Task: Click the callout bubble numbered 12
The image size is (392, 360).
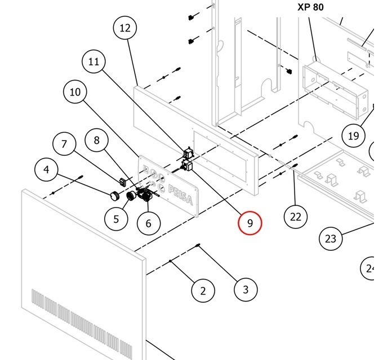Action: [x=125, y=28]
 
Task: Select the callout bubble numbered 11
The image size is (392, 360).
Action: [x=94, y=62]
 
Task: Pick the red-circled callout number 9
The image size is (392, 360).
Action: [x=250, y=223]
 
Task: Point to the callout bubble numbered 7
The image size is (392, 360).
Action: [x=64, y=145]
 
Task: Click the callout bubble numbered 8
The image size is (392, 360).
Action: [x=97, y=140]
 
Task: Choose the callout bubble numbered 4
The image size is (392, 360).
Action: [x=46, y=169]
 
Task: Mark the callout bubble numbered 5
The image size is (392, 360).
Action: [x=117, y=218]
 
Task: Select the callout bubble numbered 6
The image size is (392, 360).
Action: [x=148, y=223]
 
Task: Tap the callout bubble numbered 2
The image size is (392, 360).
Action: [x=203, y=290]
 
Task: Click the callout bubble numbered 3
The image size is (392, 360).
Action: [x=246, y=290]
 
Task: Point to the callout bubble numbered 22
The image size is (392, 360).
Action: [x=296, y=216]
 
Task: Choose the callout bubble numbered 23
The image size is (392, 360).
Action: [x=331, y=238]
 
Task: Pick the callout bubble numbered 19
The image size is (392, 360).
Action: [x=353, y=136]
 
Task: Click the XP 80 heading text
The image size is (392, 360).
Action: [x=310, y=8]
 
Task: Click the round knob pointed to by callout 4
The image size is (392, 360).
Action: [x=114, y=195]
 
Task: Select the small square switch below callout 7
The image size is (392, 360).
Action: [x=123, y=181]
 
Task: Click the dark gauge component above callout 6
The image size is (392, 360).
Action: [x=146, y=196]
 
